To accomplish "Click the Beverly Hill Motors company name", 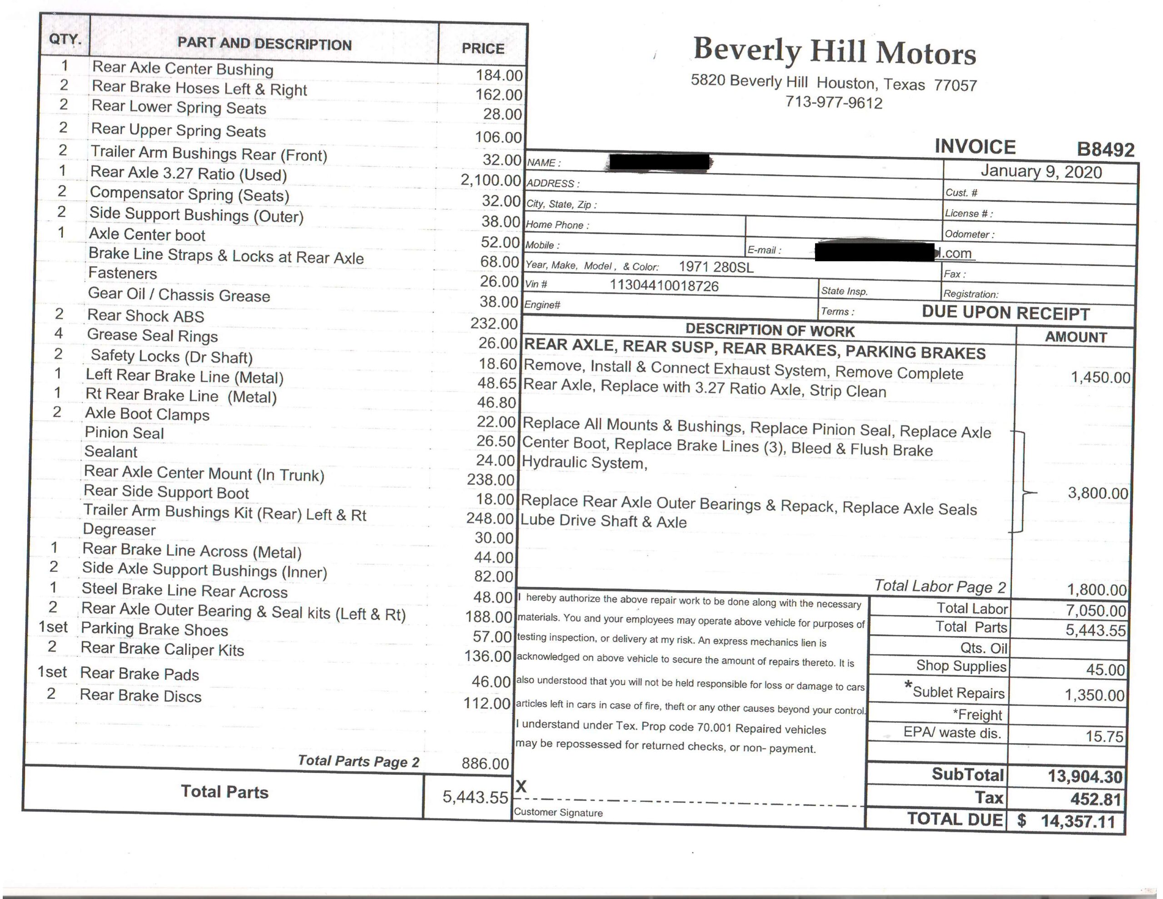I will pos(835,52).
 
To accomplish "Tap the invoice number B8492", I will pos(1105,149).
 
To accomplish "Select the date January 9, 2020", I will pos(1041,172).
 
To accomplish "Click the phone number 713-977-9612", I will pos(834,102).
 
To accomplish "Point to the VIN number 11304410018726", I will pos(664,286).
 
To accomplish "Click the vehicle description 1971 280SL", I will pos(716,267).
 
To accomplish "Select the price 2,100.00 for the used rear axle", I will pos(491,180).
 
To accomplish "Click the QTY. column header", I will pos(65,40).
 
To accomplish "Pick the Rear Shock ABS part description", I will pos(145,316).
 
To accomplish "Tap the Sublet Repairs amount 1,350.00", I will pos(1094,695).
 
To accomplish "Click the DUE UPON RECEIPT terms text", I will pos(1005,313).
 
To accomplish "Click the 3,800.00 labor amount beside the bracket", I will pos(1098,493).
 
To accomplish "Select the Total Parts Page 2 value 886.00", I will pos(485,764).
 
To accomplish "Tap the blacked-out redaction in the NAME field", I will pos(659,161).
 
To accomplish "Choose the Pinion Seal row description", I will pos(124,433).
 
